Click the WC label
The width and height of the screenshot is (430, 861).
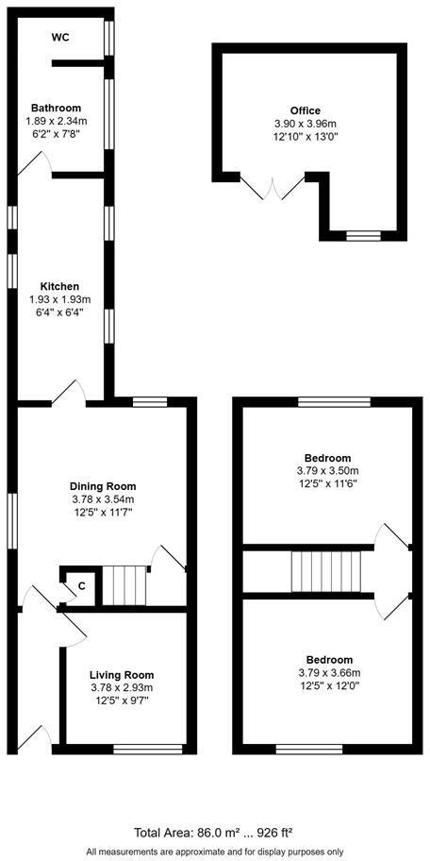(x=60, y=38)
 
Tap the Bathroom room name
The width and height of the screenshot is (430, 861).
(x=56, y=108)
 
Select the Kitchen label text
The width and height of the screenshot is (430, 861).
(x=58, y=286)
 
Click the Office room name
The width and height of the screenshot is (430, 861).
(x=306, y=110)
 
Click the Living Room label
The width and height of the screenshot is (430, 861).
(x=122, y=674)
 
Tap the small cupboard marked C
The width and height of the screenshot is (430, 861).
(x=82, y=585)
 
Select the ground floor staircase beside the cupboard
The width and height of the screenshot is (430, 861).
(x=124, y=585)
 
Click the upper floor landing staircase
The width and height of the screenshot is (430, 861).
(x=325, y=569)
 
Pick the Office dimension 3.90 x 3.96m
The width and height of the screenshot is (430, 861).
(x=306, y=124)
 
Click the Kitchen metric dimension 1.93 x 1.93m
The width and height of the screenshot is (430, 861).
(x=58, y=299)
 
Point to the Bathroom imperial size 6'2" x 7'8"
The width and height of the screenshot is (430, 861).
(x=56, y=134)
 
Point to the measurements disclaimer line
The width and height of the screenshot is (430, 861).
(x=214, y=850)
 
